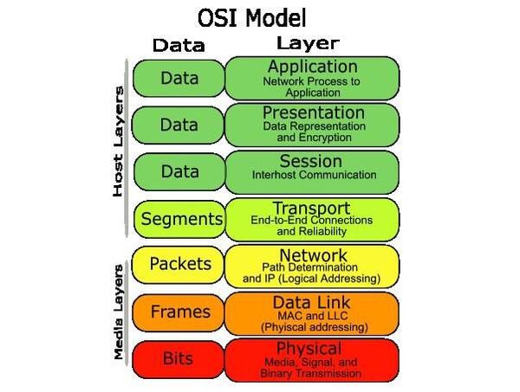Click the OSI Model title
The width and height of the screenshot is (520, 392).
(252, 18)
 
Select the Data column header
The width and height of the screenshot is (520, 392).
(179, 45)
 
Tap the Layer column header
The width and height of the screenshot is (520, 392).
(308, 43)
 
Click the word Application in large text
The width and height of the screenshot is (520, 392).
(313, 67)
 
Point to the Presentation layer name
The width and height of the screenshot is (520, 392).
(314, 112)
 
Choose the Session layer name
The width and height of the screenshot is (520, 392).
(311, 161)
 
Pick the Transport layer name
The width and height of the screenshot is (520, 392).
(311, 209)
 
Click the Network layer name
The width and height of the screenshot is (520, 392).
(313, 255)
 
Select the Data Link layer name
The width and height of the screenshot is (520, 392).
(311, 302)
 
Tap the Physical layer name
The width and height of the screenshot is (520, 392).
(309, 349)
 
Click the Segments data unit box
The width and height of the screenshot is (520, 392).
(180, 219)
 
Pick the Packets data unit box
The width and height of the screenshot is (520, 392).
(179, 265)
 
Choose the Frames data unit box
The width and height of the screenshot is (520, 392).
(179, 312)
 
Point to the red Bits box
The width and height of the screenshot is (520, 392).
(179, 359)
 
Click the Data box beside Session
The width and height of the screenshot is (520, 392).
(180, 172)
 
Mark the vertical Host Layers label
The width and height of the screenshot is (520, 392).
(118, 142)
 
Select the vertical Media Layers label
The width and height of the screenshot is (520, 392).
(119, 312)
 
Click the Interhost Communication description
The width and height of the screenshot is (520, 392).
(314, 175)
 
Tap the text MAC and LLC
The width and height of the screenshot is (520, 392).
(312, 316)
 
